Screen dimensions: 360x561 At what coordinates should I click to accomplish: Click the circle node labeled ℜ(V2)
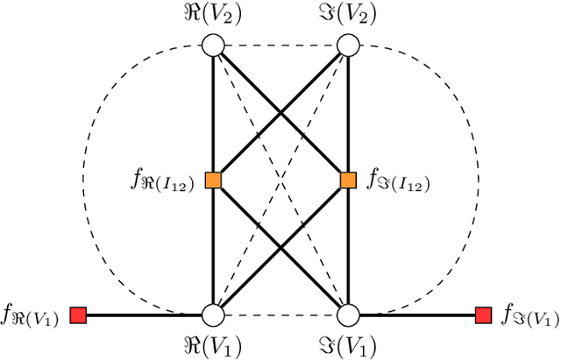(x=213, y=45)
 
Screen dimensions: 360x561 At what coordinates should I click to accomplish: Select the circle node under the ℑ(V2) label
(x=348, y=45)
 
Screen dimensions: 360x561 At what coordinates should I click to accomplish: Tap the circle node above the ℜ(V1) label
(x=213, y=314)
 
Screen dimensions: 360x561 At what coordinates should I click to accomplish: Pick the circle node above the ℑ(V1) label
(x=348, y=314)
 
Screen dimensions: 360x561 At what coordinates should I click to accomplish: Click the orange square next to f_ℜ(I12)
(x=213, y=180)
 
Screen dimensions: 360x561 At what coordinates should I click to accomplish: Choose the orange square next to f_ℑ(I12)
(x=348, y=180)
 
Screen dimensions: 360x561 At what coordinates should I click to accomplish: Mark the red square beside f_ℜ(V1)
(x=78, y=314)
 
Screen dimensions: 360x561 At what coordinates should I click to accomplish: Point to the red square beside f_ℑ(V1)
(x=482, y=314)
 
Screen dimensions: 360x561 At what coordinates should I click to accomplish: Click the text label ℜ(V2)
(x=213, y=15)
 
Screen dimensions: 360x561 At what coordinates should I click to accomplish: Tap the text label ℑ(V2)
(x=348, y=15)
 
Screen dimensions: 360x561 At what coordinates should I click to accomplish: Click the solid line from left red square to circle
(x=145, y=314)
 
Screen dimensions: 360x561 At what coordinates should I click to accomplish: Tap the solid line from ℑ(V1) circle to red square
(x=416, y=314)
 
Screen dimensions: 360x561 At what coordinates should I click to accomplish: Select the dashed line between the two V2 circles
(x=280, y=45)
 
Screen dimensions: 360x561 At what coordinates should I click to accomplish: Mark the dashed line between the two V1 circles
(x=280, y=314)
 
